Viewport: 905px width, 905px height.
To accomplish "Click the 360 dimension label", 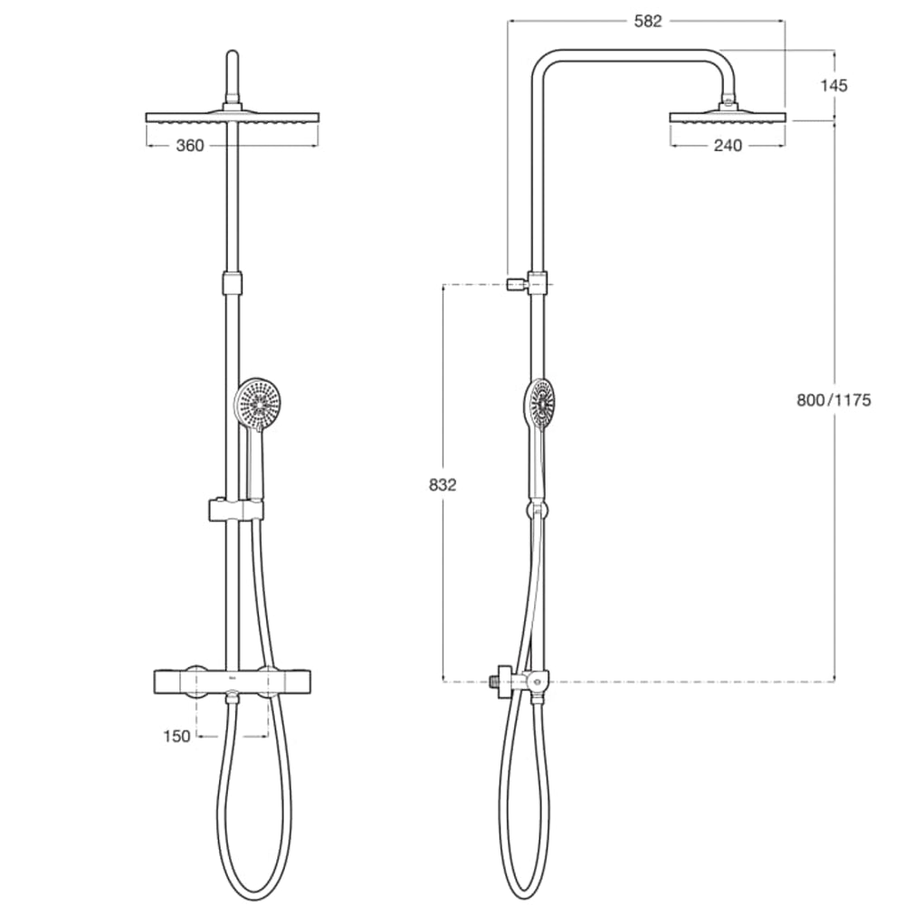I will click(x=189, y=146).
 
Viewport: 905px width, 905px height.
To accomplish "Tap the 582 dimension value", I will click(x=648, y=22).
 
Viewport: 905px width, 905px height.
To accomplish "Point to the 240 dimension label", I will click(x=727, y=146).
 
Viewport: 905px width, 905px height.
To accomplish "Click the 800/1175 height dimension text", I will click(x=834, y=400).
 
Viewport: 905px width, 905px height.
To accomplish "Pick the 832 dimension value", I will click(x=443, y=484).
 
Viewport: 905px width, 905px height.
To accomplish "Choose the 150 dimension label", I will click(x=177, y=736).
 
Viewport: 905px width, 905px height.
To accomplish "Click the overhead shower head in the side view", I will click(x=729, y=117).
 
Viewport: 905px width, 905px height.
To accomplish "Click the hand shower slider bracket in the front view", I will click(x=234, y=510).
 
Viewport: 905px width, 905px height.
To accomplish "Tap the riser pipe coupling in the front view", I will click(x=233, y=281).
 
